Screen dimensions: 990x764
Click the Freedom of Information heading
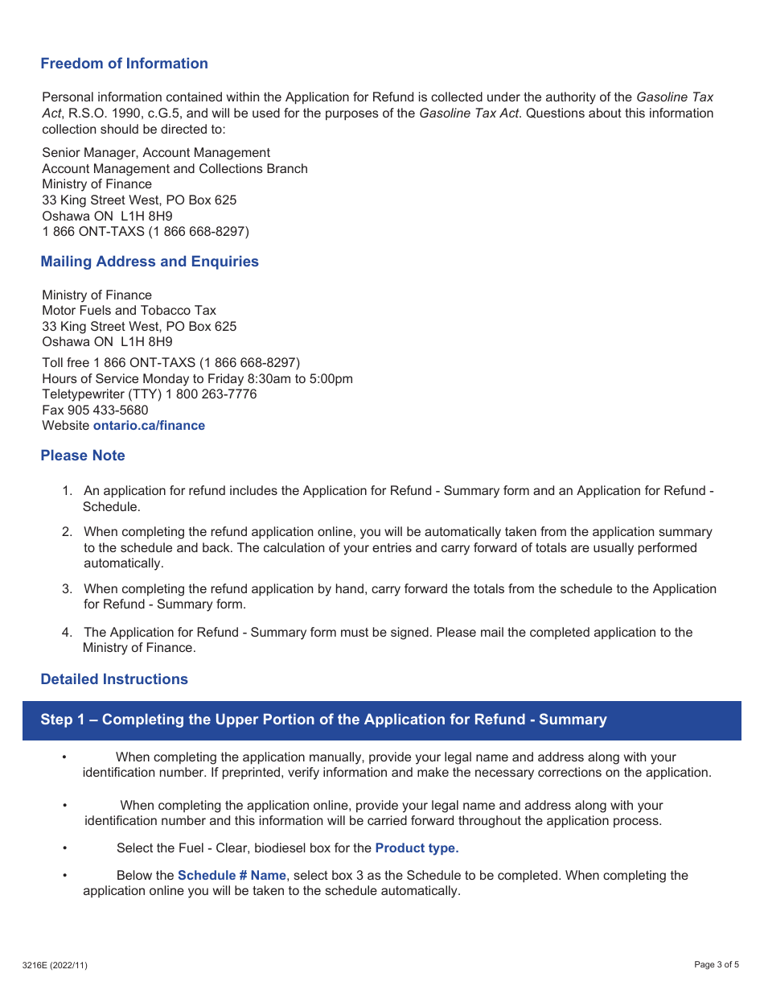124,64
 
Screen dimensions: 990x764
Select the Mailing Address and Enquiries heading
150,262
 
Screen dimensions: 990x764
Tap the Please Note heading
83,456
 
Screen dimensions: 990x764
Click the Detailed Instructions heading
114,679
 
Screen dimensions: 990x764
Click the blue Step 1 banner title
323,720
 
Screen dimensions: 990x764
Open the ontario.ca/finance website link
149,426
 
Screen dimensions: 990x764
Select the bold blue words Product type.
417,848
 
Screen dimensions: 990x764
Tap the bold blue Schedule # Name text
232,876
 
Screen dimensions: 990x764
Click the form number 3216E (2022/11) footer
55,965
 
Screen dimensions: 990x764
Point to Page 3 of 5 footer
716,965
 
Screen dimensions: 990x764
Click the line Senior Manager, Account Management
156,153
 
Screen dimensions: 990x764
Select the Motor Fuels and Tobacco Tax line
129,311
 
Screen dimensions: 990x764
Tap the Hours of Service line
197,379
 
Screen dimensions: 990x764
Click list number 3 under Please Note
68,589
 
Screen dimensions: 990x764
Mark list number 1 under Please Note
68,491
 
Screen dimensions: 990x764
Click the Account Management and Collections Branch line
175,169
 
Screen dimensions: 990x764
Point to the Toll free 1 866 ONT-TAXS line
170,363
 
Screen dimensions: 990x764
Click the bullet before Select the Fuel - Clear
64,848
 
